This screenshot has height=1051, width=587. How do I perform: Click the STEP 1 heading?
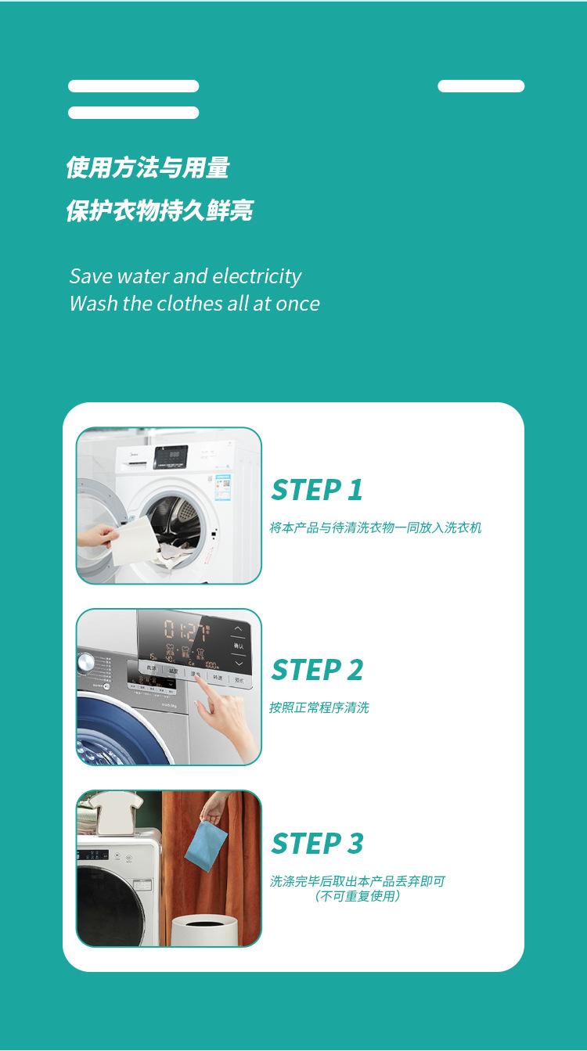tap(317, 490)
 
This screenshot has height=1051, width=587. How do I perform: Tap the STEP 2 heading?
tap(317, 670)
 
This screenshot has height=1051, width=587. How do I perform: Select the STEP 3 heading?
tap(317, 843)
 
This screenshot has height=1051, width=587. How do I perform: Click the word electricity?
tap(257, 276)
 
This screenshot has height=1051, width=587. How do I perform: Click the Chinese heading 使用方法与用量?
tap(147, 167)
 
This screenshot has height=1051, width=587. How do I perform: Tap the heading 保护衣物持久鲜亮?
tap(160, 210)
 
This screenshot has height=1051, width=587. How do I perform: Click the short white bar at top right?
tap(481, 86)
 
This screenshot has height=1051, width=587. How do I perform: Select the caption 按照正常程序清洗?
tap(319, 707)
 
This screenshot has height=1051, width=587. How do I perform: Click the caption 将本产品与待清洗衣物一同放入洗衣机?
tap(376, 527)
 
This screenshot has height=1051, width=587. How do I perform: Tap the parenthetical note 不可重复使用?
tap(358, 896)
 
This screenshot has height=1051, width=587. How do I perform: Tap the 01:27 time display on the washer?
tap(186, 631)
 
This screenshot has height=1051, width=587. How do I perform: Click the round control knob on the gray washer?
tap(86, 663)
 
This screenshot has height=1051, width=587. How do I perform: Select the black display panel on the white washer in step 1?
tap(171, 457)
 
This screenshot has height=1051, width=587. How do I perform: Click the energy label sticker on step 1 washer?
tap(223, 488)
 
